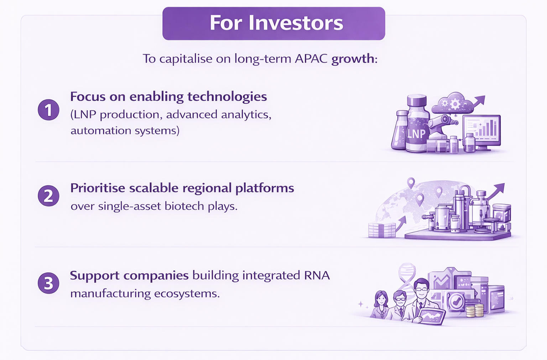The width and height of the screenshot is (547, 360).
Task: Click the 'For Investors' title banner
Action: [274, 24]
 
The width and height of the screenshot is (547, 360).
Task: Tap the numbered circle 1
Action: [48, 110]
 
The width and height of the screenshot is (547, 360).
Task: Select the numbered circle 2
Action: [48, 195]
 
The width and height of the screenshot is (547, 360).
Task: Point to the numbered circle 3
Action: [48, 283]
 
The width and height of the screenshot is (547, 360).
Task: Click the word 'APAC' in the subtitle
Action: [311, 59]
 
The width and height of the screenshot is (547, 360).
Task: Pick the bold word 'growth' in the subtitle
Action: [353, 59]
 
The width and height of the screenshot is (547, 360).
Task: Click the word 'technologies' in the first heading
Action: [227, 97]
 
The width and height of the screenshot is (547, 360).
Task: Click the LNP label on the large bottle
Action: [416, 134]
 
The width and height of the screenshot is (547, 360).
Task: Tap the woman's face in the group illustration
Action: [381, 299]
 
